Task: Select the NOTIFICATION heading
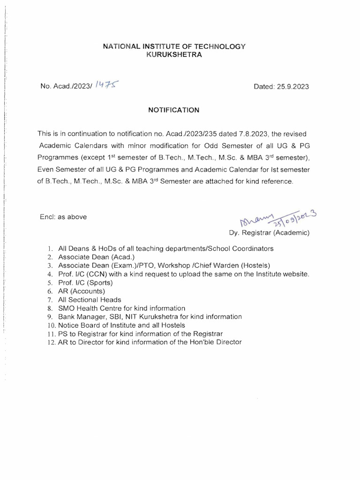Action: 174,110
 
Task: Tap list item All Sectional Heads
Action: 90,300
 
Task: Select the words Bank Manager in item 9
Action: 79,316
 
